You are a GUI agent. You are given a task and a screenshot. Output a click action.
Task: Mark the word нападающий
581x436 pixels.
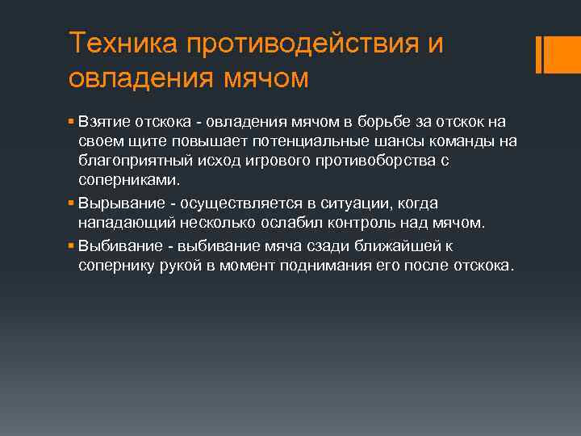coord(120,223)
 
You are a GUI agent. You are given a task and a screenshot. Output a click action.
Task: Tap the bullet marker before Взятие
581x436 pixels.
coord(72,122)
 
